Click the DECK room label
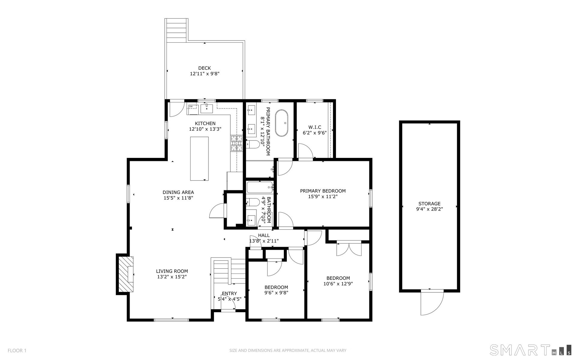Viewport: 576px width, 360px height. (x=205, y=68)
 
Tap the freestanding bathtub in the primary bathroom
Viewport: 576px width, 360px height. (x=282, y=123)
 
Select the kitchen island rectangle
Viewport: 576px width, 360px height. (x=199, y=159)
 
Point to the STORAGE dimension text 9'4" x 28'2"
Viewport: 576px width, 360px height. (x=429, y=209)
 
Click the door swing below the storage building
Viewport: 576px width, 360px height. (x=432, y=303)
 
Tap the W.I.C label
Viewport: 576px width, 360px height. (x=315, y=127)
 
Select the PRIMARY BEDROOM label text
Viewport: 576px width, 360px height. (x=323, y=191)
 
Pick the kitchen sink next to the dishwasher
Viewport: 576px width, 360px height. (x=207, y=108)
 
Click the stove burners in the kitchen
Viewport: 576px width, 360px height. (x=236, y=143)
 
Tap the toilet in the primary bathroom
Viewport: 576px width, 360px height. (x=253, y=145)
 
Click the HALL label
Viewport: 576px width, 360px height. (x=264, y=235)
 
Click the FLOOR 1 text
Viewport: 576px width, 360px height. (x=17, y=350)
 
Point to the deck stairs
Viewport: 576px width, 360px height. (x=177, y=29)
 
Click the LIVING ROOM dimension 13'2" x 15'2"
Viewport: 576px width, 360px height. (x=172, y=277)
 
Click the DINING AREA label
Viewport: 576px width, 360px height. (x=178, y=192)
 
